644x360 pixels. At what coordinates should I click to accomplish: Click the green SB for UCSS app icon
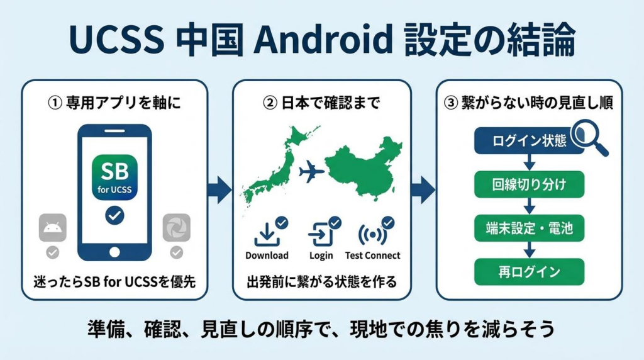click(x=114, y=176)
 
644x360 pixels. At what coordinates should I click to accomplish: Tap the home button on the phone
click(x=114, y=252)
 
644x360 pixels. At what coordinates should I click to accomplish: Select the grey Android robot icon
click(x=52, y=228)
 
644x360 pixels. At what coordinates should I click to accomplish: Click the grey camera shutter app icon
click(x=176, y=228)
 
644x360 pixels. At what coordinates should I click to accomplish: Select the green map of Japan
click(x=277, y=167)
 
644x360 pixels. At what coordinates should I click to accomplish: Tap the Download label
click(x=267, y=256)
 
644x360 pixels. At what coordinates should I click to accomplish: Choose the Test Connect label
click(x=372, y=256)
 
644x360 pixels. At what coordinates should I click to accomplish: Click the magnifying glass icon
click(x=591, y=138)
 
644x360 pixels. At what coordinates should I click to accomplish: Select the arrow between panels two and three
click(x=423, y=188)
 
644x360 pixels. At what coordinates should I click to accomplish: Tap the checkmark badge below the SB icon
click(x=114, y=216)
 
